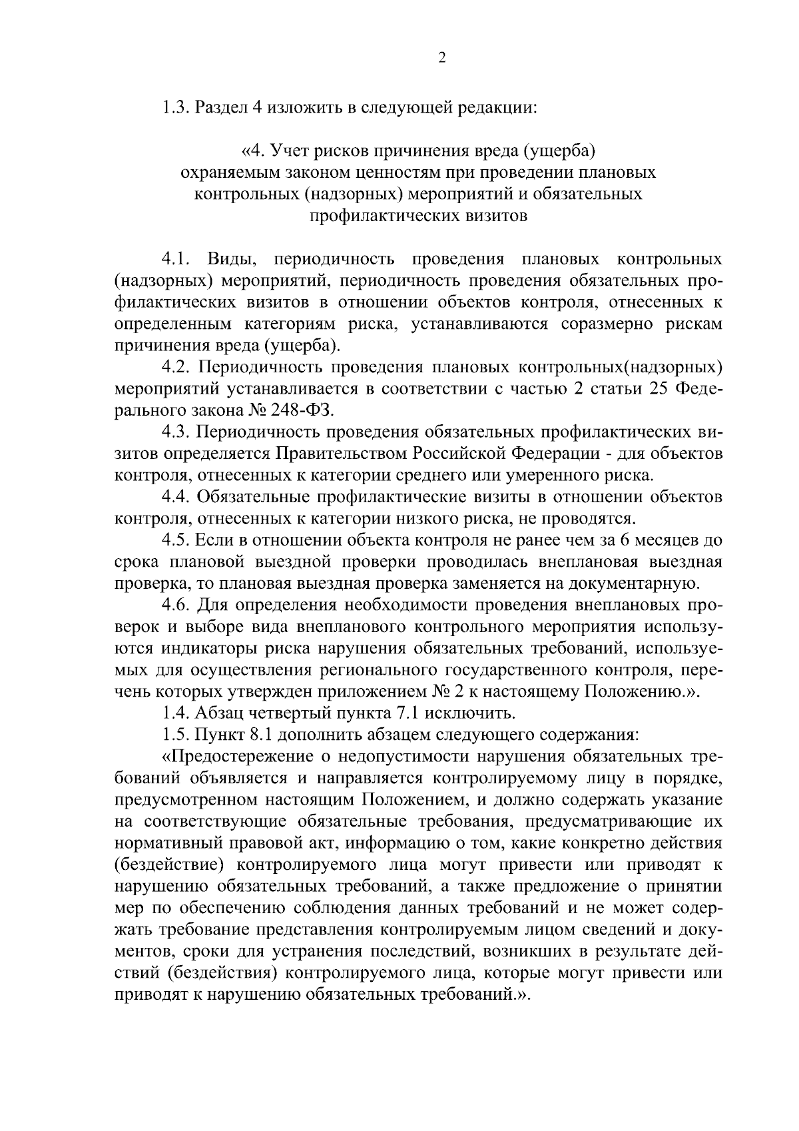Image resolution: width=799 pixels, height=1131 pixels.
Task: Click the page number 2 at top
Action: click(441, 58)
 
